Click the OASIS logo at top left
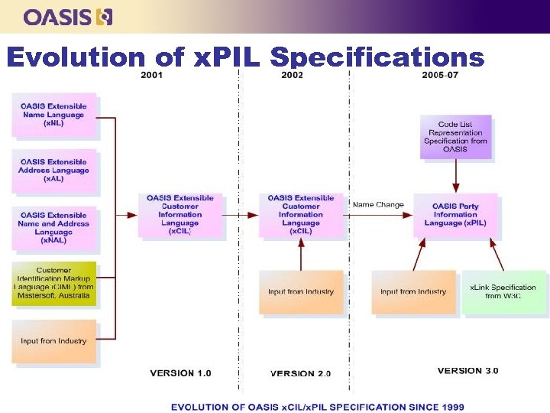(67, 16)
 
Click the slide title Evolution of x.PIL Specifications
(244, 57)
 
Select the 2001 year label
(151, 75)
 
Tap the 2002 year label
(292, 75)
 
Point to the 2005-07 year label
(440, 75)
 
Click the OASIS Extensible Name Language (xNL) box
(53, 115)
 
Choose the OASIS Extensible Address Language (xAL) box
(53, 170)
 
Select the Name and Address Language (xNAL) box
(53, 228)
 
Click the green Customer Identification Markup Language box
(53, 283)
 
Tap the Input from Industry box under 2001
(53, 341)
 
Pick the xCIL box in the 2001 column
(180, 215)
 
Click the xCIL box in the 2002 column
(301, 215)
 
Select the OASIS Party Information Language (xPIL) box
(455, 214)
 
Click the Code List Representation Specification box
(455, 137)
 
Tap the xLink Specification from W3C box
(503, 291)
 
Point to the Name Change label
(378, 204)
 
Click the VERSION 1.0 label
(180, 373)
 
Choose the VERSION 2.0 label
(301, 373)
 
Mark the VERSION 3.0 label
(467, 371)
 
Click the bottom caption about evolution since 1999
(317, 406)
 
